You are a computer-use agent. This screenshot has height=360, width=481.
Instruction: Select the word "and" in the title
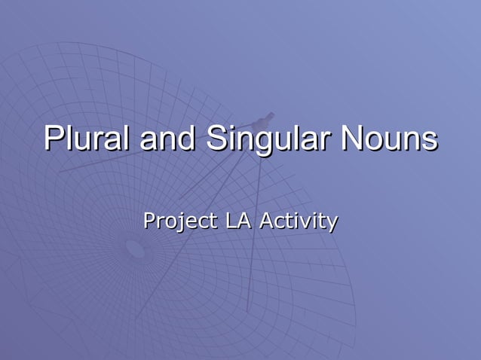161,139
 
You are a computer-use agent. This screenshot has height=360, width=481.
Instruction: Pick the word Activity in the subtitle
298,222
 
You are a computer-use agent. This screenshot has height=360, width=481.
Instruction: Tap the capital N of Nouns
354,139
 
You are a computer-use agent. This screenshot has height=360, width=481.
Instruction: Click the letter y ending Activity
331,224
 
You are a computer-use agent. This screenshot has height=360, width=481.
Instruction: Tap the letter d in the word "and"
181,139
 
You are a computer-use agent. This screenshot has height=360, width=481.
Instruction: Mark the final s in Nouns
429,142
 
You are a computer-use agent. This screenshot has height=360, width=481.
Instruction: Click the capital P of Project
149,221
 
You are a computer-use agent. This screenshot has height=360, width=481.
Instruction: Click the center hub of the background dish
136,249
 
